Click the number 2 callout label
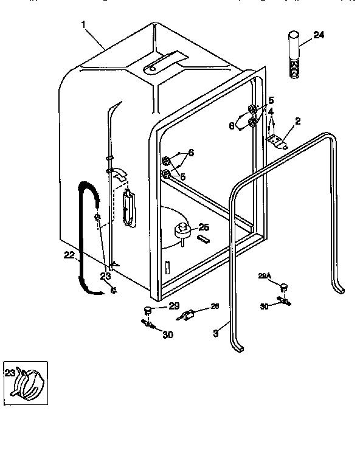[297, 122]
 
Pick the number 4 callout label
[271, 111]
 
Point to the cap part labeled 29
[147, 311]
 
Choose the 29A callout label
[264, 275]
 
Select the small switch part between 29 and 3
[187, 315]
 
